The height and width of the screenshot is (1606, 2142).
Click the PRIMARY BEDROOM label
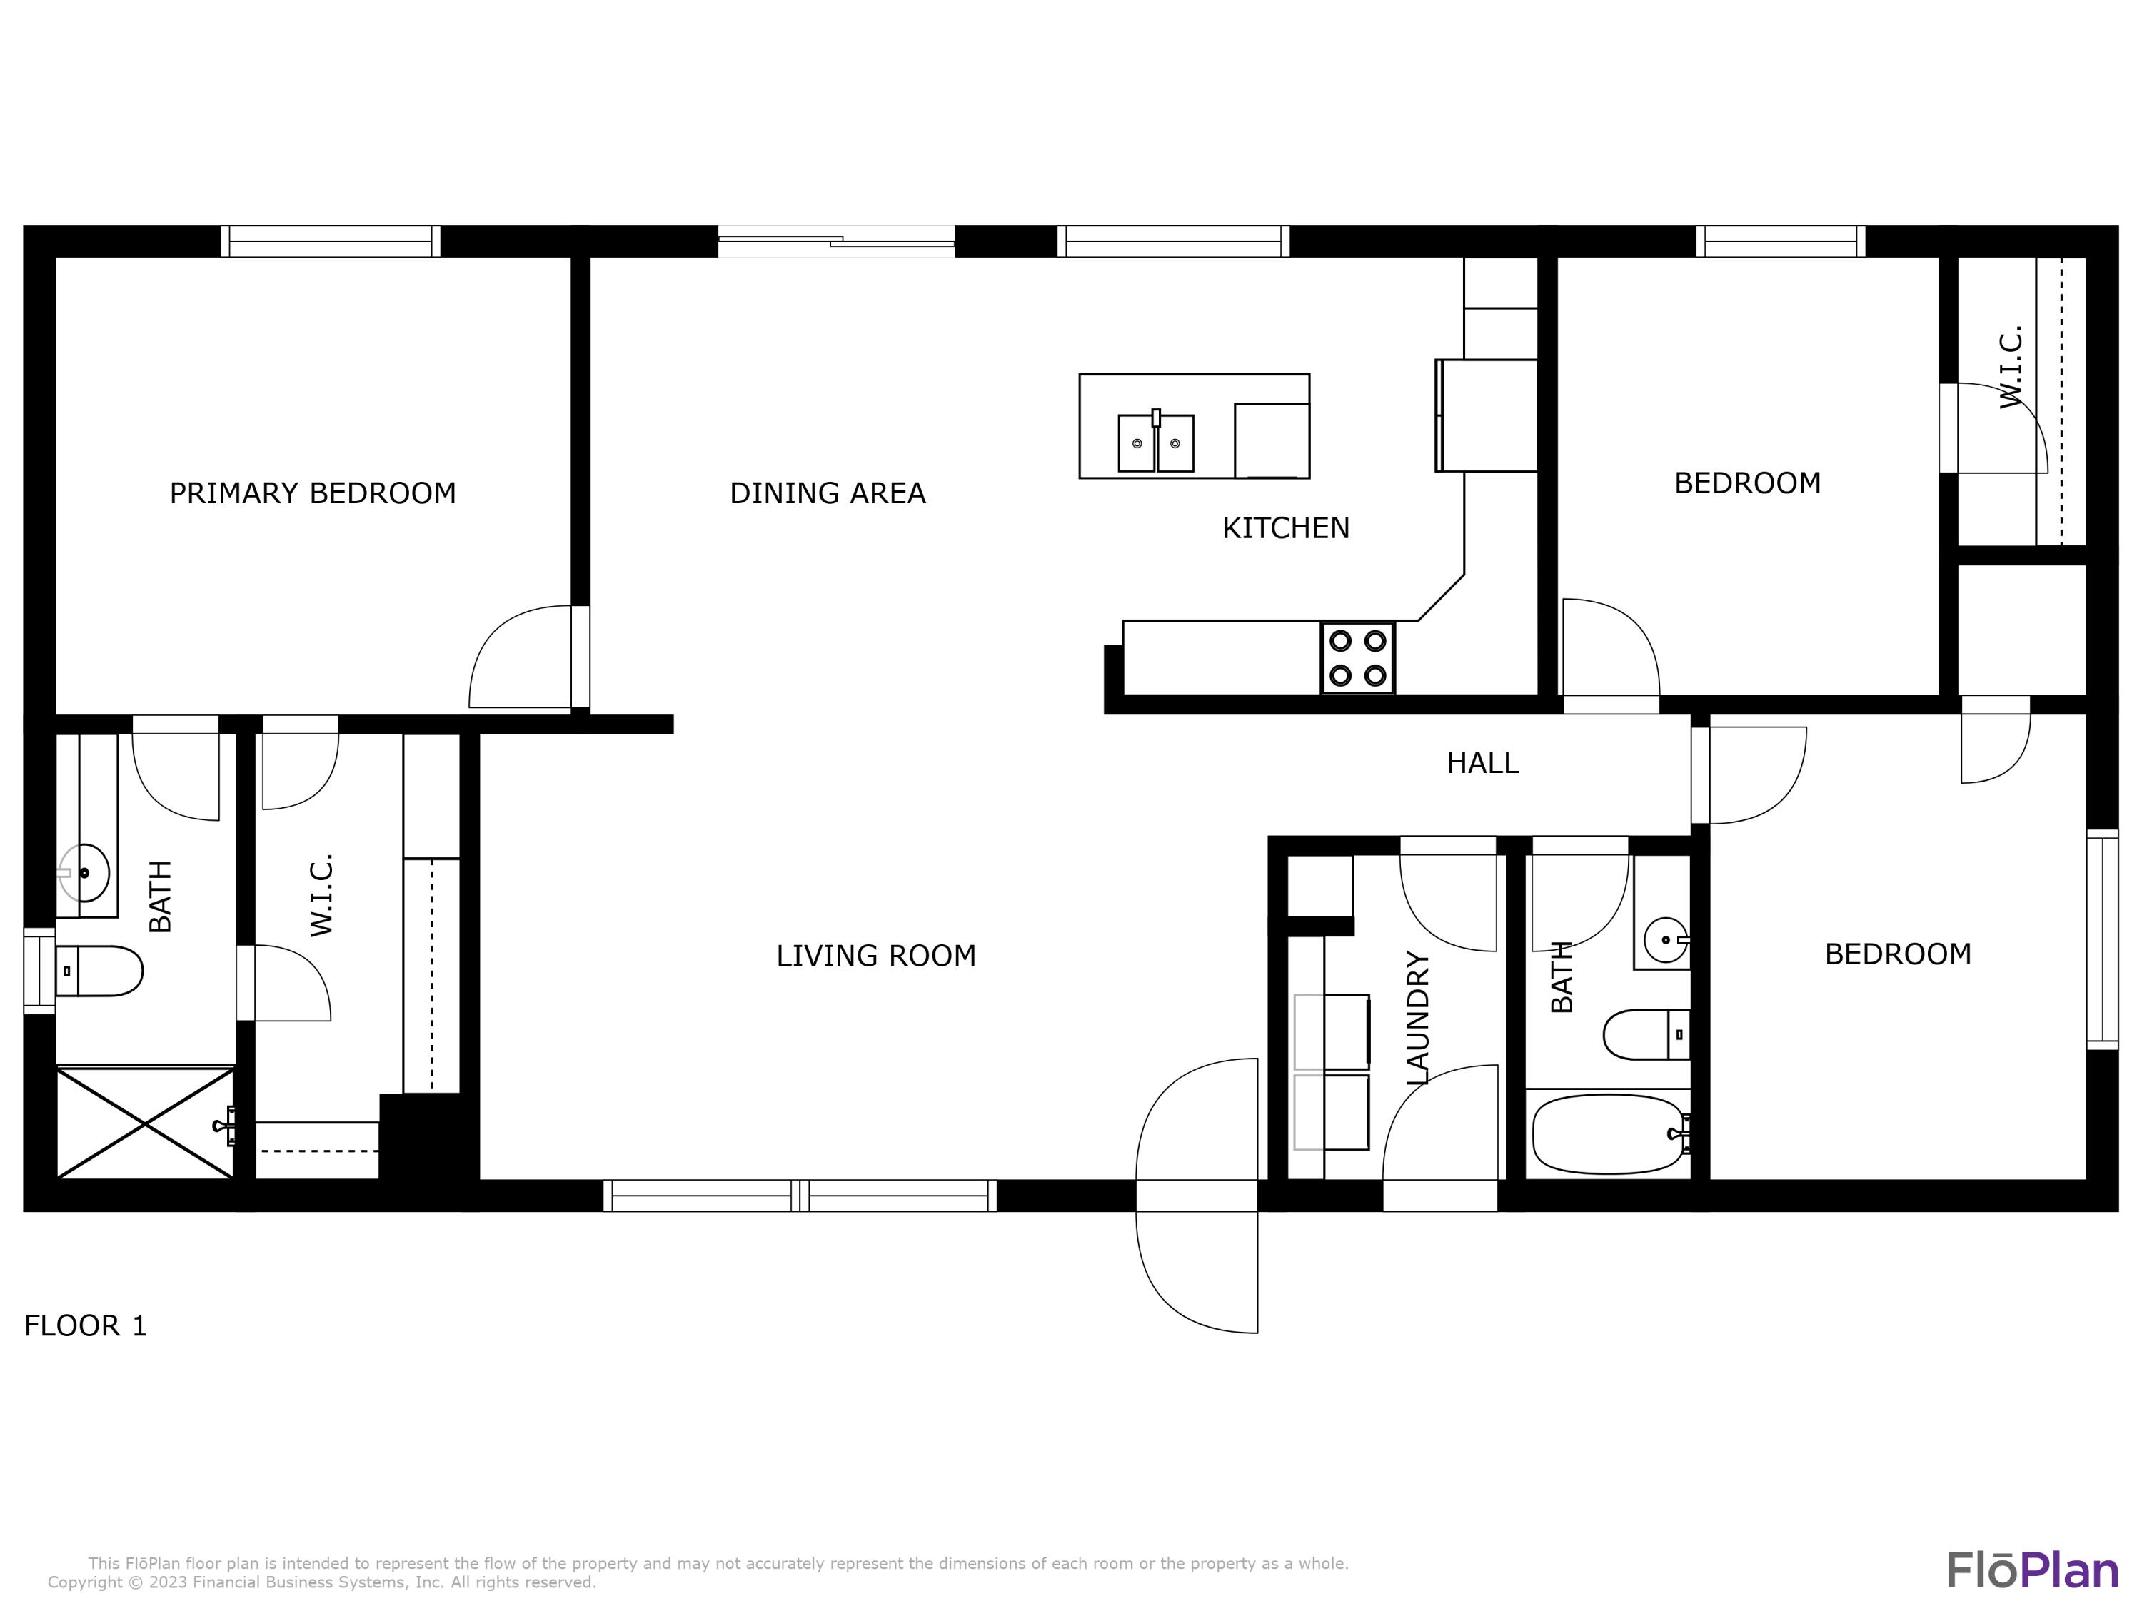[312, 494]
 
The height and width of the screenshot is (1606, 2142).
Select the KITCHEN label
[1285, 529]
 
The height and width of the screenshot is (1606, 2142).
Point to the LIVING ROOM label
[875, 956]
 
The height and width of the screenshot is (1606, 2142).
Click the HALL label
[1482, 764]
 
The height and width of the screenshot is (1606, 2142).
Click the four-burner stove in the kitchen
[1357, 657]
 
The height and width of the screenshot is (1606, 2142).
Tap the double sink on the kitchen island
[1155, 443]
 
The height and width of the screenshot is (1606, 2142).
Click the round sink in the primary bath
[84, 872]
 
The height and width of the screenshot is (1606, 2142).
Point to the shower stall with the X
[144, 1123]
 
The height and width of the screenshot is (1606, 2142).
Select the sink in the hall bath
[1664, 939]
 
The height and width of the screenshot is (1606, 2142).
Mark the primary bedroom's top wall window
[330, 241]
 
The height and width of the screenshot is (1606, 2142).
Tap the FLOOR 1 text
[85, 1325]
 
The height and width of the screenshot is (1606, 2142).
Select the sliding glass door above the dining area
[835, 241]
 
